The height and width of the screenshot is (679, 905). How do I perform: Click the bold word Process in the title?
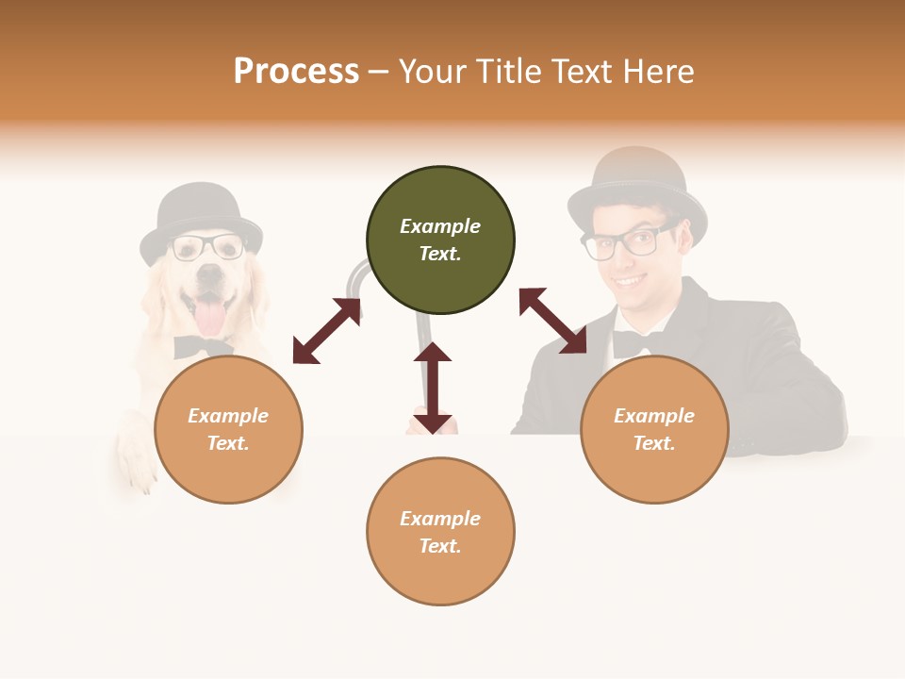click(296, 72)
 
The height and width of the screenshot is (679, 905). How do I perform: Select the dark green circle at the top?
click(440, 240)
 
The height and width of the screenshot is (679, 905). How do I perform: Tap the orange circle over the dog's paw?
click(228, 429)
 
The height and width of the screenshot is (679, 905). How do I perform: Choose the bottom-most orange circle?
click(440, 531)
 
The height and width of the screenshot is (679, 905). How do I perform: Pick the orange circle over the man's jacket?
click(653, 429)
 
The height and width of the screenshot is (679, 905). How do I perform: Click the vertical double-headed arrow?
click(433, 388)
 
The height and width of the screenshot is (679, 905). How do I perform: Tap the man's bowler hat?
click(637, 184)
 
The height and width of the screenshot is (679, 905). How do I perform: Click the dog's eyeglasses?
click(206, 247)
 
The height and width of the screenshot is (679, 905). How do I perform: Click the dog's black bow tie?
click(202, 346)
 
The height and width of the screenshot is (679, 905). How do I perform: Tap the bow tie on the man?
click(631, 343)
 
